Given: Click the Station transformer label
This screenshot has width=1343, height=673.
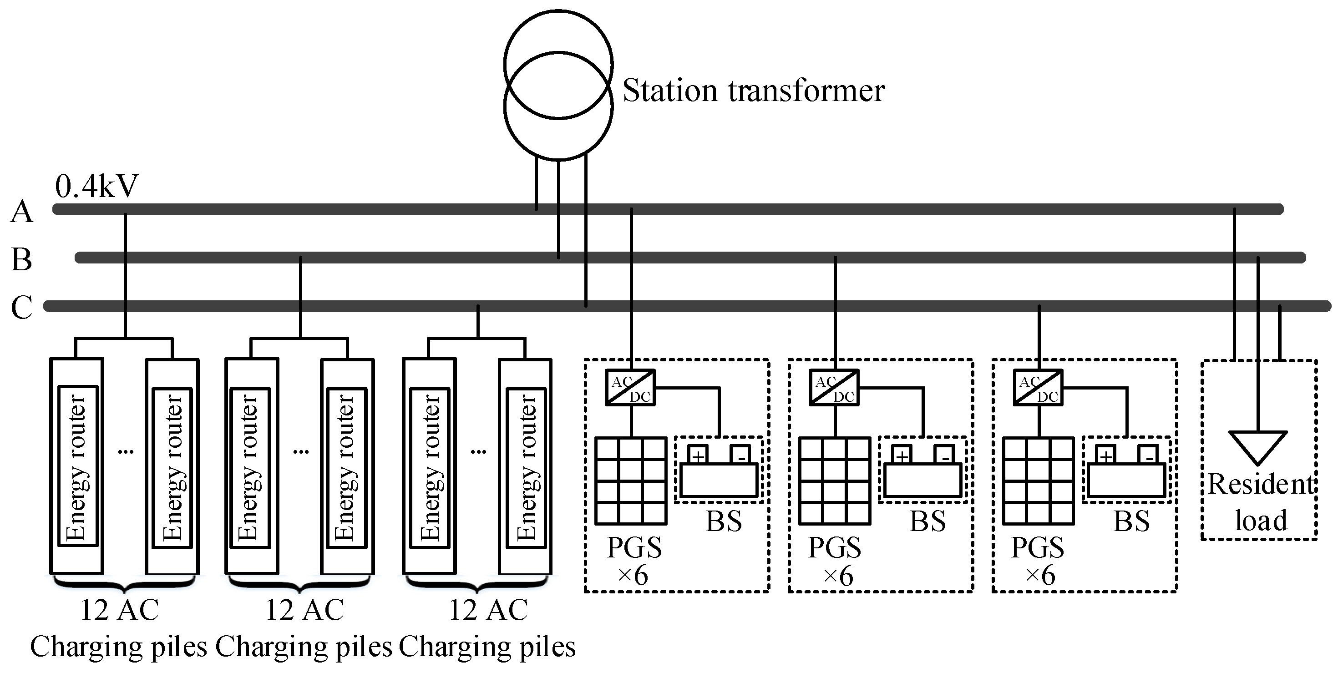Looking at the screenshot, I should click(x=753, y=91).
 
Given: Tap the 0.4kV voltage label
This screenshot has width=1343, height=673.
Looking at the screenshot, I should click(x=97, y=186).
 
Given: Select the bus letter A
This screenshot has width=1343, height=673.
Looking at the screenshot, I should click(x=21, y=212).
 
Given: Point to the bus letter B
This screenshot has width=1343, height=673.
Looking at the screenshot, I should click(x=21, y=259).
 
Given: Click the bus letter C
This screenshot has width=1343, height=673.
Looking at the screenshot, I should click(x=21, y=307).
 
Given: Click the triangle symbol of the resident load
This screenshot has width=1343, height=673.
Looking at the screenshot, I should click(x=1258, y=446).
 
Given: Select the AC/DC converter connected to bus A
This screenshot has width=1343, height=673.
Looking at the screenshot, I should click(x=630, y=388).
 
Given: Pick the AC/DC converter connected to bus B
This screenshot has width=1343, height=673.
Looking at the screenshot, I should click(x=834, y=388).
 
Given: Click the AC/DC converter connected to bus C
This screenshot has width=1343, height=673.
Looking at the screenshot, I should click(x=1038, y=388).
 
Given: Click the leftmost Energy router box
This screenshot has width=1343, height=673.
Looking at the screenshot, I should click(x=78, y=466).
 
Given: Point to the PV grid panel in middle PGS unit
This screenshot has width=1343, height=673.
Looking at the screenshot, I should click(x=835, y=481).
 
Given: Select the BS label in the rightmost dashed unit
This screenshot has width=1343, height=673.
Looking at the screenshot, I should click(x=1131, y=521).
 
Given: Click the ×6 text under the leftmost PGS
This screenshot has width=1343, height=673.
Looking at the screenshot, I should click(x=633, y=576).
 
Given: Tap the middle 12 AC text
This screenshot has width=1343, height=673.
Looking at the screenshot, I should click(x=304, y=610).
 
